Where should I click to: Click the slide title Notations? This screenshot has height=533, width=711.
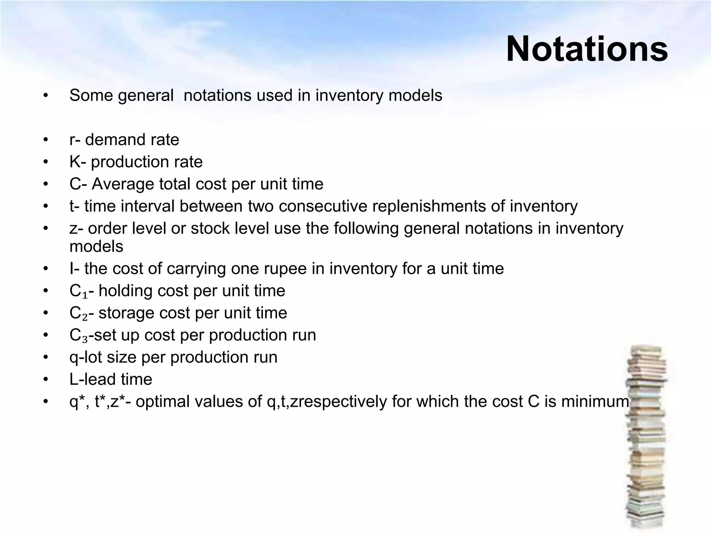click(587, 49)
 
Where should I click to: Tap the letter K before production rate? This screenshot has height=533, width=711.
click(75, 162)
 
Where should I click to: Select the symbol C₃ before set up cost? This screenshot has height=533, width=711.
click(78, 336)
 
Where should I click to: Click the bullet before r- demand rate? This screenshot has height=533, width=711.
click(46, 140)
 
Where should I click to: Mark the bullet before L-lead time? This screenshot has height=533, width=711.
click(46, 379)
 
